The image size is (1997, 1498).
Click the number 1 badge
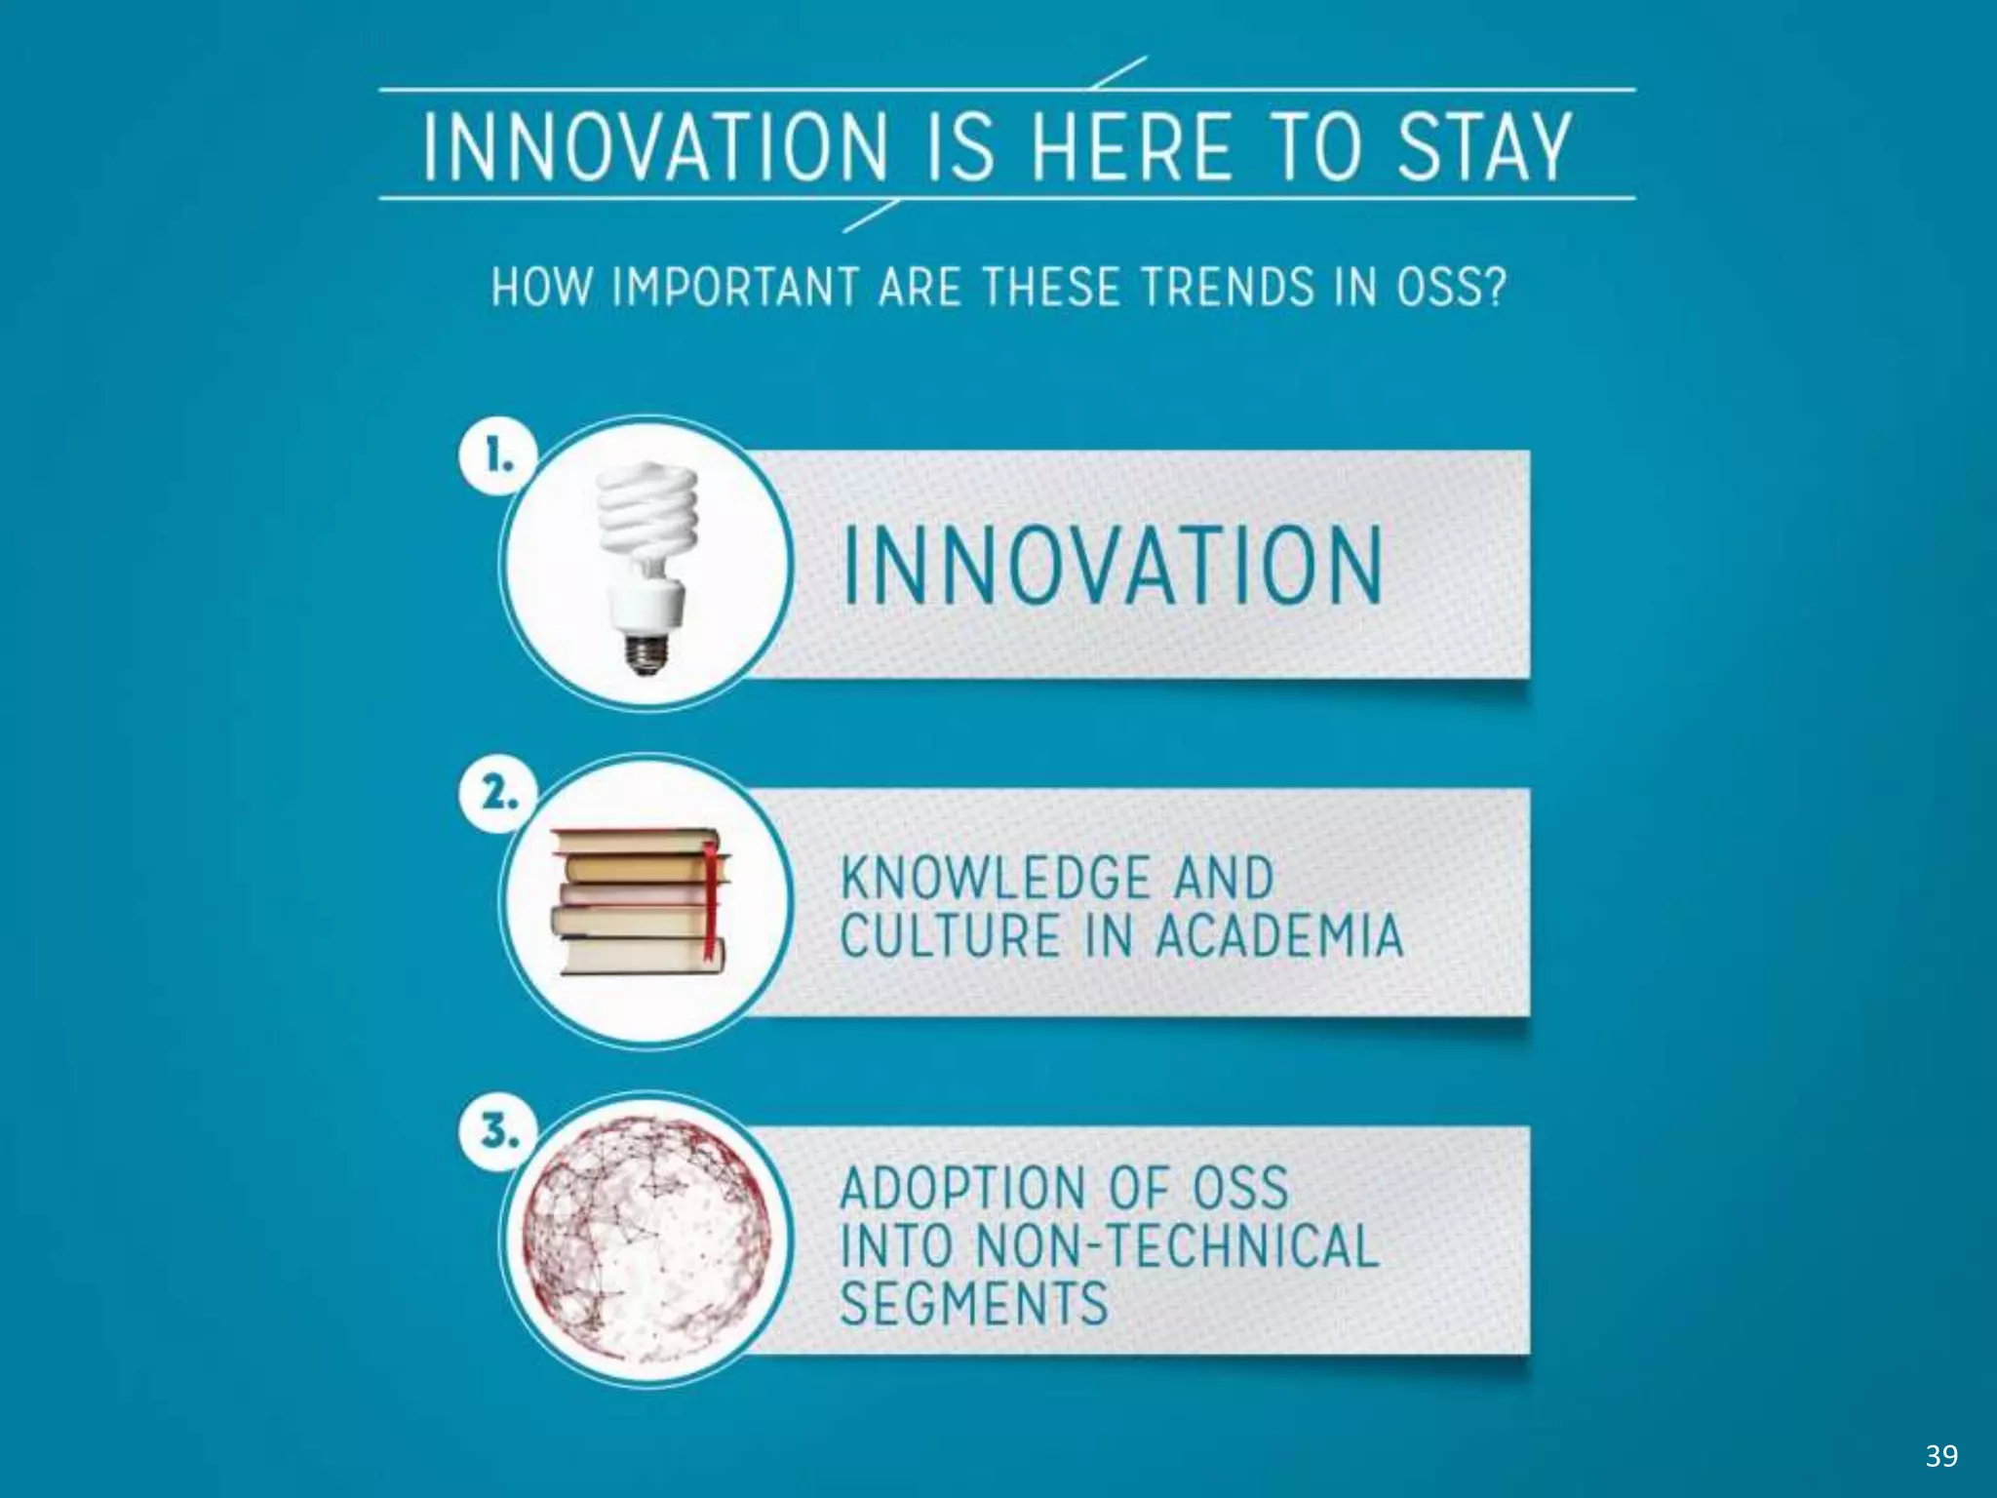click(498, 455)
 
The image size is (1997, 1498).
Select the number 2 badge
click(498, 794)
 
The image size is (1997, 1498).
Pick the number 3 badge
click(498, 1132)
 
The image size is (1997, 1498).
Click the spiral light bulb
click(646, 546)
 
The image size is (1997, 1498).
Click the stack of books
click(639, 901)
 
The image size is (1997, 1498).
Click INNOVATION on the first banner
click(1112, 566)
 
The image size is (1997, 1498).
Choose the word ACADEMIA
click(1278, 935)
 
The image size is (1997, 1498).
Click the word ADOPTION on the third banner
click(961, 1188)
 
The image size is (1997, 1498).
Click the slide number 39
click(1941, 1455)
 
